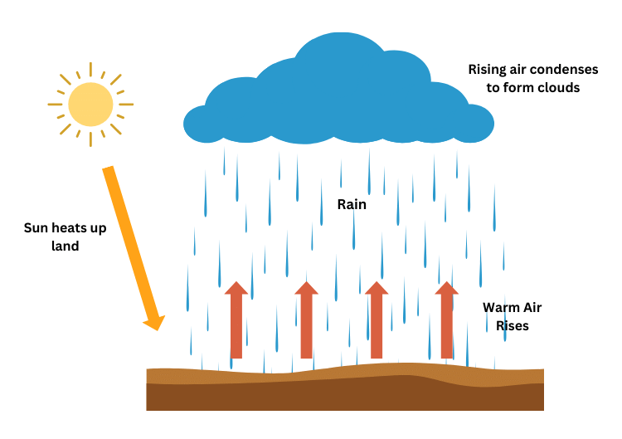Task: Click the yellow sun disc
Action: point(90,104)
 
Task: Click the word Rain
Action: point(351,202)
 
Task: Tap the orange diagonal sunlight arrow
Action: point(129,241)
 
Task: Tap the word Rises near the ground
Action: point(512,326)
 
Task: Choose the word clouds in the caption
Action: point(556,86)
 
